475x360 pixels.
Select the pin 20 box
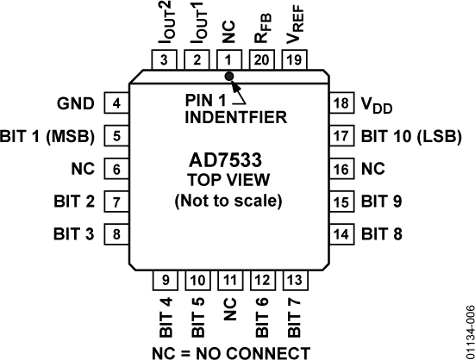(x=261, y=59)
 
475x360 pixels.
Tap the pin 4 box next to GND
(x=116, y=104)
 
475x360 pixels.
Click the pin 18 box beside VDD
(x=342, y=104)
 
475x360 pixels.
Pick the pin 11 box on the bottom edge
(x=229, y=279)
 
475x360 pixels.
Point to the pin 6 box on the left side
(x=116, y=169)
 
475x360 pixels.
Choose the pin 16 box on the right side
(x=342, y=169)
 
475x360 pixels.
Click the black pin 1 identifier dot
(x=229, y=77)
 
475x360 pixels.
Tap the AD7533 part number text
(x=229, y=161)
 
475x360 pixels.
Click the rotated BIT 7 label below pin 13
(x=294, y=316)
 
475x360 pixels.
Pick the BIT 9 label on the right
(x=381, y=202)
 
